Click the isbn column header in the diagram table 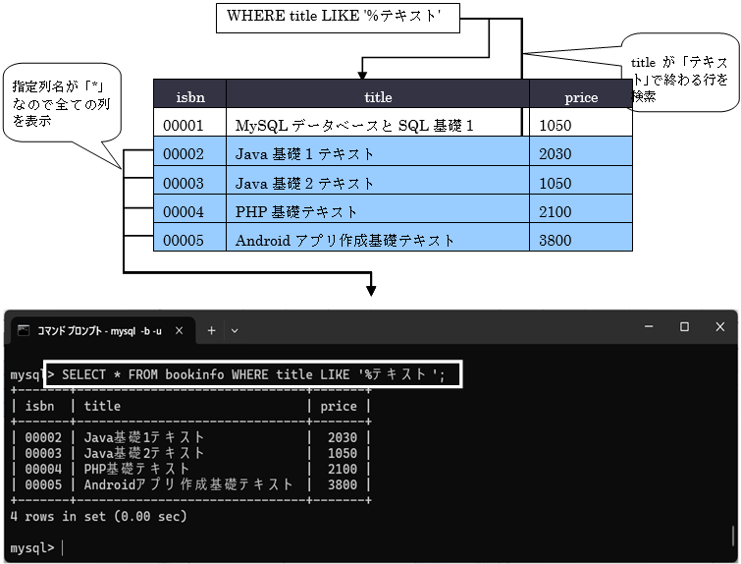tap(189, 96)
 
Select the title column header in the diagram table tap(378, 96)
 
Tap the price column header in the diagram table tap(581, 96)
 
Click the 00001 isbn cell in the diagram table tap(184, 126)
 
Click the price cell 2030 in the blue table tap(556, 154)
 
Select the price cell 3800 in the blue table tap(556, 240)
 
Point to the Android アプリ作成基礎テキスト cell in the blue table tap(345, 240)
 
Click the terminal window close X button tap(719, 327)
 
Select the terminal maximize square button tap(684, 327)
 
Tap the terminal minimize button tap(649, 327)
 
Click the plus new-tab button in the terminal tap(210, 331)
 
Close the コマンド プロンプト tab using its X tap(179, 331)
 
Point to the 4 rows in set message tap(98, 516)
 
